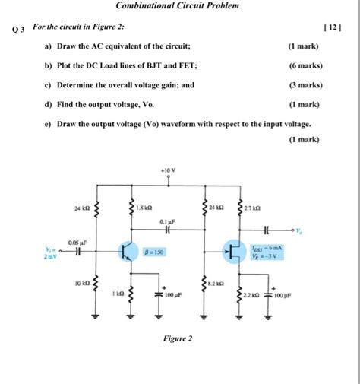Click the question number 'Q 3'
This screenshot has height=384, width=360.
[17, 30]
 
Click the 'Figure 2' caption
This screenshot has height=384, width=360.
[178, 338]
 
